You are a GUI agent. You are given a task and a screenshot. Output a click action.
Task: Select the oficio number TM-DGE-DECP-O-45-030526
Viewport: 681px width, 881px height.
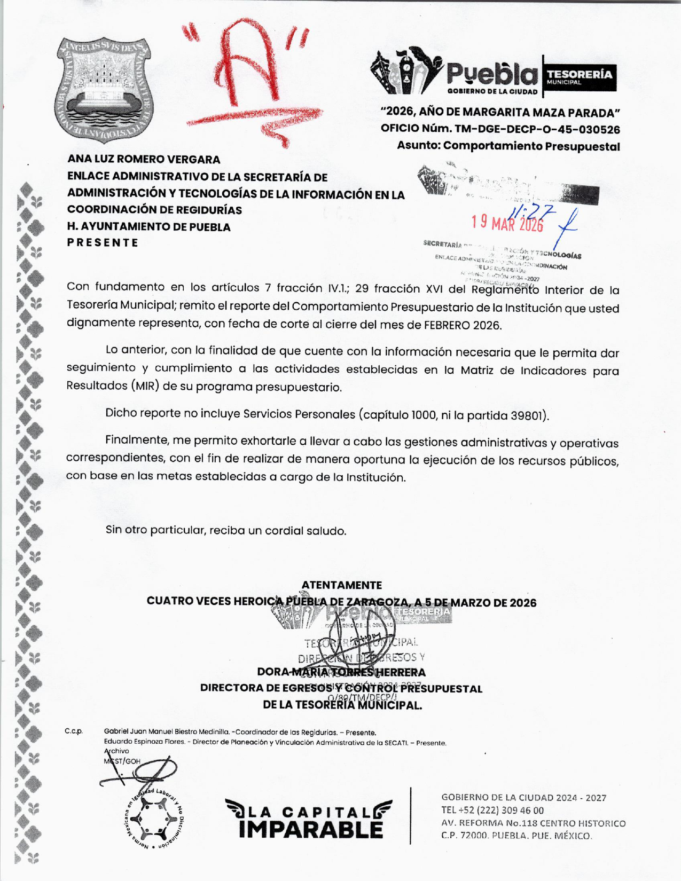(537, 129)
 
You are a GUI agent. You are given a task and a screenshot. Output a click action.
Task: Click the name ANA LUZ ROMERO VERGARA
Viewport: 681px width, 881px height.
(144, 159)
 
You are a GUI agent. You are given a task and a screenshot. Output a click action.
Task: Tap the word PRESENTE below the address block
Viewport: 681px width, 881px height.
(103, 242)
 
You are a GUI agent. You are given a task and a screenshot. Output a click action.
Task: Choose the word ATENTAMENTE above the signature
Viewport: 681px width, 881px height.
(341, 585)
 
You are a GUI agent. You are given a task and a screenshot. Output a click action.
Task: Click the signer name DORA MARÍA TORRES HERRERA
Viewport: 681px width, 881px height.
(341, 672)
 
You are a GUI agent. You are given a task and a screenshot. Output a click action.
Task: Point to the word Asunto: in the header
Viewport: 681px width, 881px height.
(418, 146)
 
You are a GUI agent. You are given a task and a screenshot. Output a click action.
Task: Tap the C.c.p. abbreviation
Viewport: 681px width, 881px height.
(74, 731)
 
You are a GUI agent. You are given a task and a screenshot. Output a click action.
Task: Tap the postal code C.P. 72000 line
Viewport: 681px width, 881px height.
(516, 836)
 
